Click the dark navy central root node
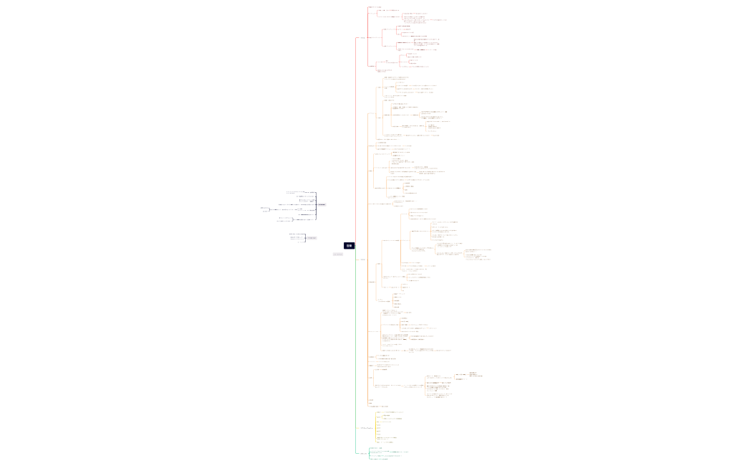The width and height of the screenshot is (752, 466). [349, 245]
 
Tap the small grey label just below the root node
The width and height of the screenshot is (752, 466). [338, 254]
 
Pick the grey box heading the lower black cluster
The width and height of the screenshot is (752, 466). [312, 238]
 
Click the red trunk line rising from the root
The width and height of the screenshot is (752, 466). [355, 143]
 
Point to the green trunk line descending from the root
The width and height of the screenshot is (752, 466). [355, 358]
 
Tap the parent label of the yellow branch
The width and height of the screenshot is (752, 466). [365, 428]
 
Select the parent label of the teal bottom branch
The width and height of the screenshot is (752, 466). [363, 453]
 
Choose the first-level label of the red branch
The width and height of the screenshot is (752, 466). [362, 37]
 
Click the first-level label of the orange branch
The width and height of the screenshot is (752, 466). [362, 259]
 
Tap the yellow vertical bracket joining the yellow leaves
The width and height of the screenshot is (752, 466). [376, 427]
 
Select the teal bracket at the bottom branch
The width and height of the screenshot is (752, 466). [369, 453]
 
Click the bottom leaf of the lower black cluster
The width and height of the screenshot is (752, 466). [299, 242]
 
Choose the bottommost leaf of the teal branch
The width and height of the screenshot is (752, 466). [379, 459]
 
